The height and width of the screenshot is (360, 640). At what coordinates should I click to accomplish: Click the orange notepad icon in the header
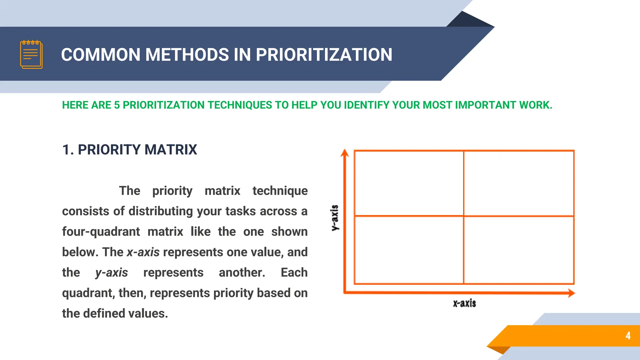click(31, 54)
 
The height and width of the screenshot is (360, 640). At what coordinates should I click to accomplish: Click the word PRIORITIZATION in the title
click(324, 55)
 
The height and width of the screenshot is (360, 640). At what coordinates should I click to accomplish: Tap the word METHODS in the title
click(187, 55)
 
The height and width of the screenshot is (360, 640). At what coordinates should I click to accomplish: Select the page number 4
click(628, 336)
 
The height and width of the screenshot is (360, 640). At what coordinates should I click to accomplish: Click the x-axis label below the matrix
click(464, 303)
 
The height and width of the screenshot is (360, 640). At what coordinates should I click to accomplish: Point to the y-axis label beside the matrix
click(335, 218)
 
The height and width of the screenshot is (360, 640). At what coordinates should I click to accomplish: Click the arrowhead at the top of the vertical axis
click(345, 153)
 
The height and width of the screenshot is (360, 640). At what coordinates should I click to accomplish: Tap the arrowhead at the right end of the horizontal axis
click(571, 293)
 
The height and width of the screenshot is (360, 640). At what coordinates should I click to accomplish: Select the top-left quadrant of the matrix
click(409, 183)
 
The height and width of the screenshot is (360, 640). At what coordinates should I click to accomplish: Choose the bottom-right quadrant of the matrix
click(519, 250)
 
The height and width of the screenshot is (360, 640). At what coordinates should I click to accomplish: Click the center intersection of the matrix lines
click(464, 216)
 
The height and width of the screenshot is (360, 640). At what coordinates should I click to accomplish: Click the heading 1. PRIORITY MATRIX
click(129, 150)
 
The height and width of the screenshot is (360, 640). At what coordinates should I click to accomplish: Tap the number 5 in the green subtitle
click(117, 105)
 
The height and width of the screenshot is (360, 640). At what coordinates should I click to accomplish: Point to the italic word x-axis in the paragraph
click(143, 252)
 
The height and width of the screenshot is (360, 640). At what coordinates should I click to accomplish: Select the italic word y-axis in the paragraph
click(112, 273)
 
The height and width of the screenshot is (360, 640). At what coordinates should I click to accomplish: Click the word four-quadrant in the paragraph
click(101, 232)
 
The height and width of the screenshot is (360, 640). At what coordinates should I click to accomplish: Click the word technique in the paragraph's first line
click(280, 191)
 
